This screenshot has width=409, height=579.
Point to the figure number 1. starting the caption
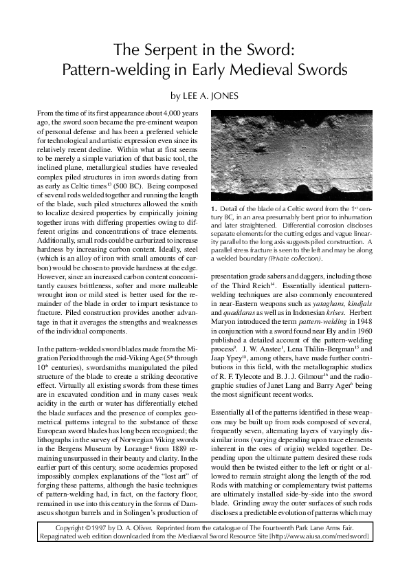coord(214,208)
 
